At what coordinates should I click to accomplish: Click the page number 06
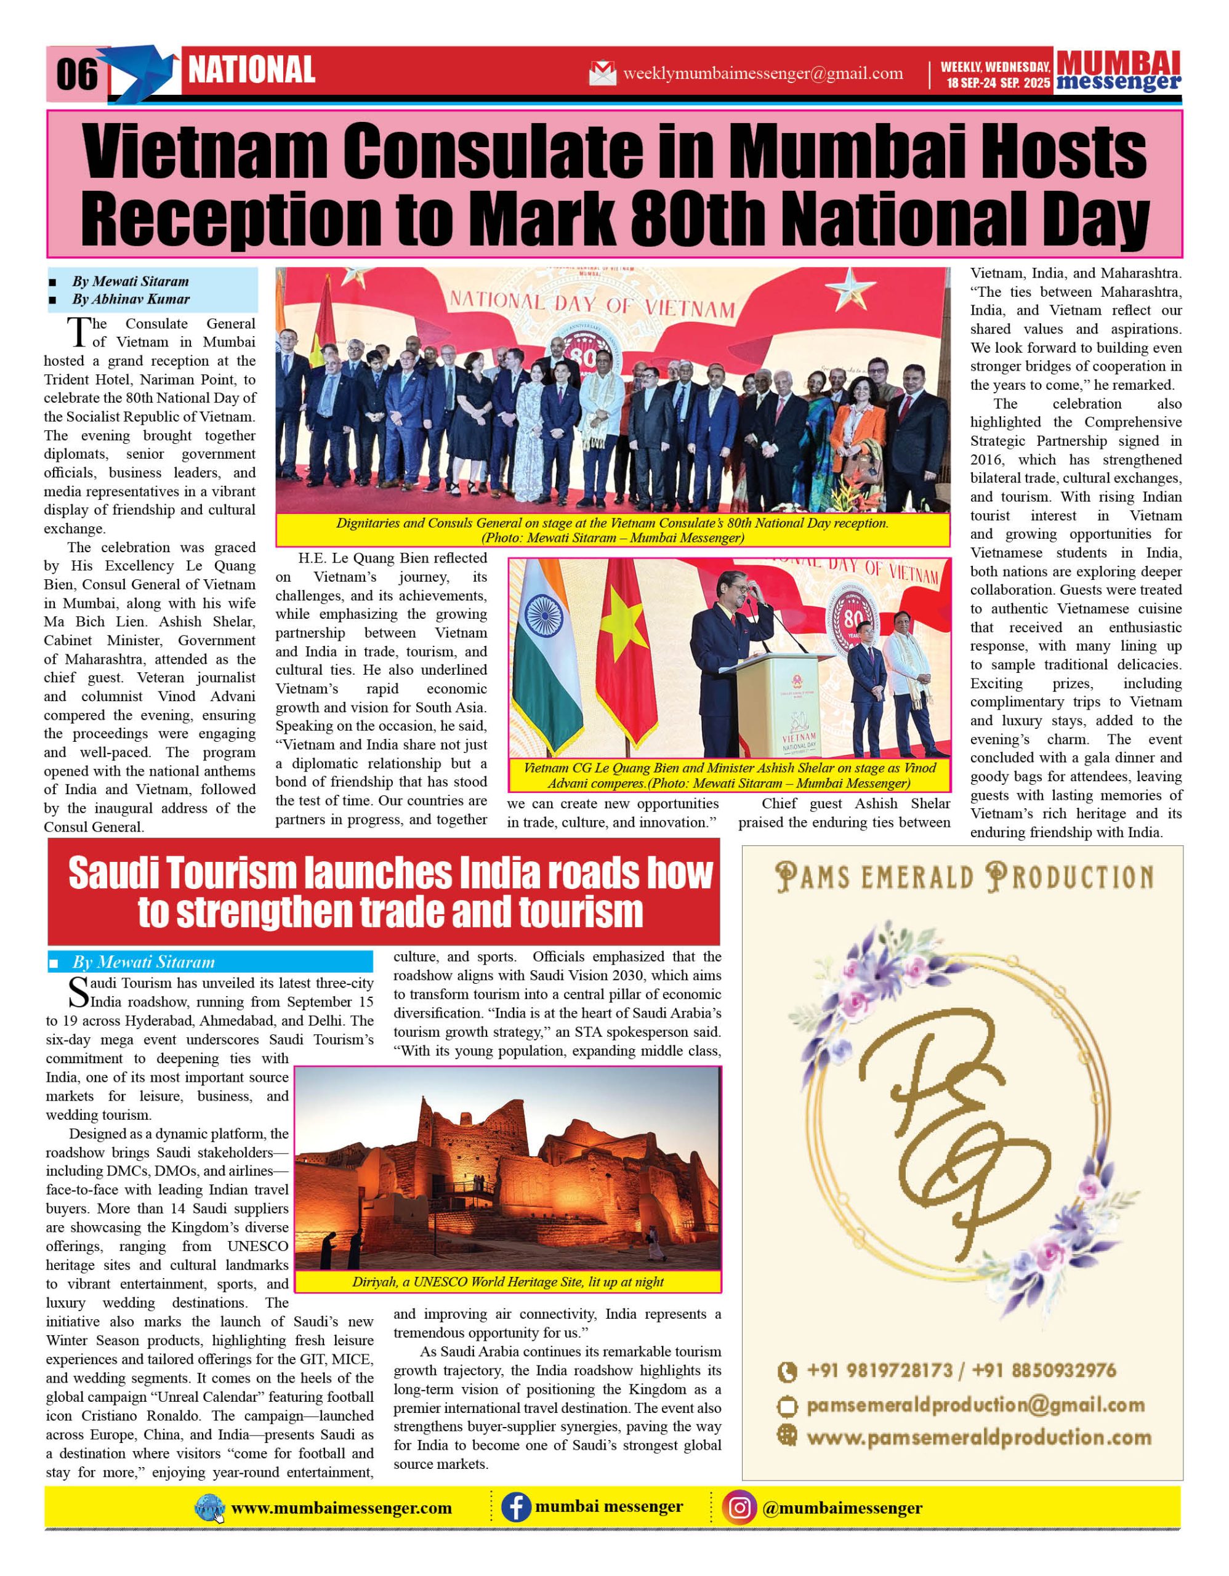click(x=76, y=74)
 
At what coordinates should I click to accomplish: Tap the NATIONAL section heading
click(x=251, y=70)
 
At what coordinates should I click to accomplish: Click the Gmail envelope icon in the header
click(x=603, y=74)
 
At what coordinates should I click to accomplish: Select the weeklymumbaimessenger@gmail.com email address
click(x=762, y=74)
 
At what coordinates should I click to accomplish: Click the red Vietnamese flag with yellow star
click(x=626, y=653)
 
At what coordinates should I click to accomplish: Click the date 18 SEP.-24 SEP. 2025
click(x=998, y=83)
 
